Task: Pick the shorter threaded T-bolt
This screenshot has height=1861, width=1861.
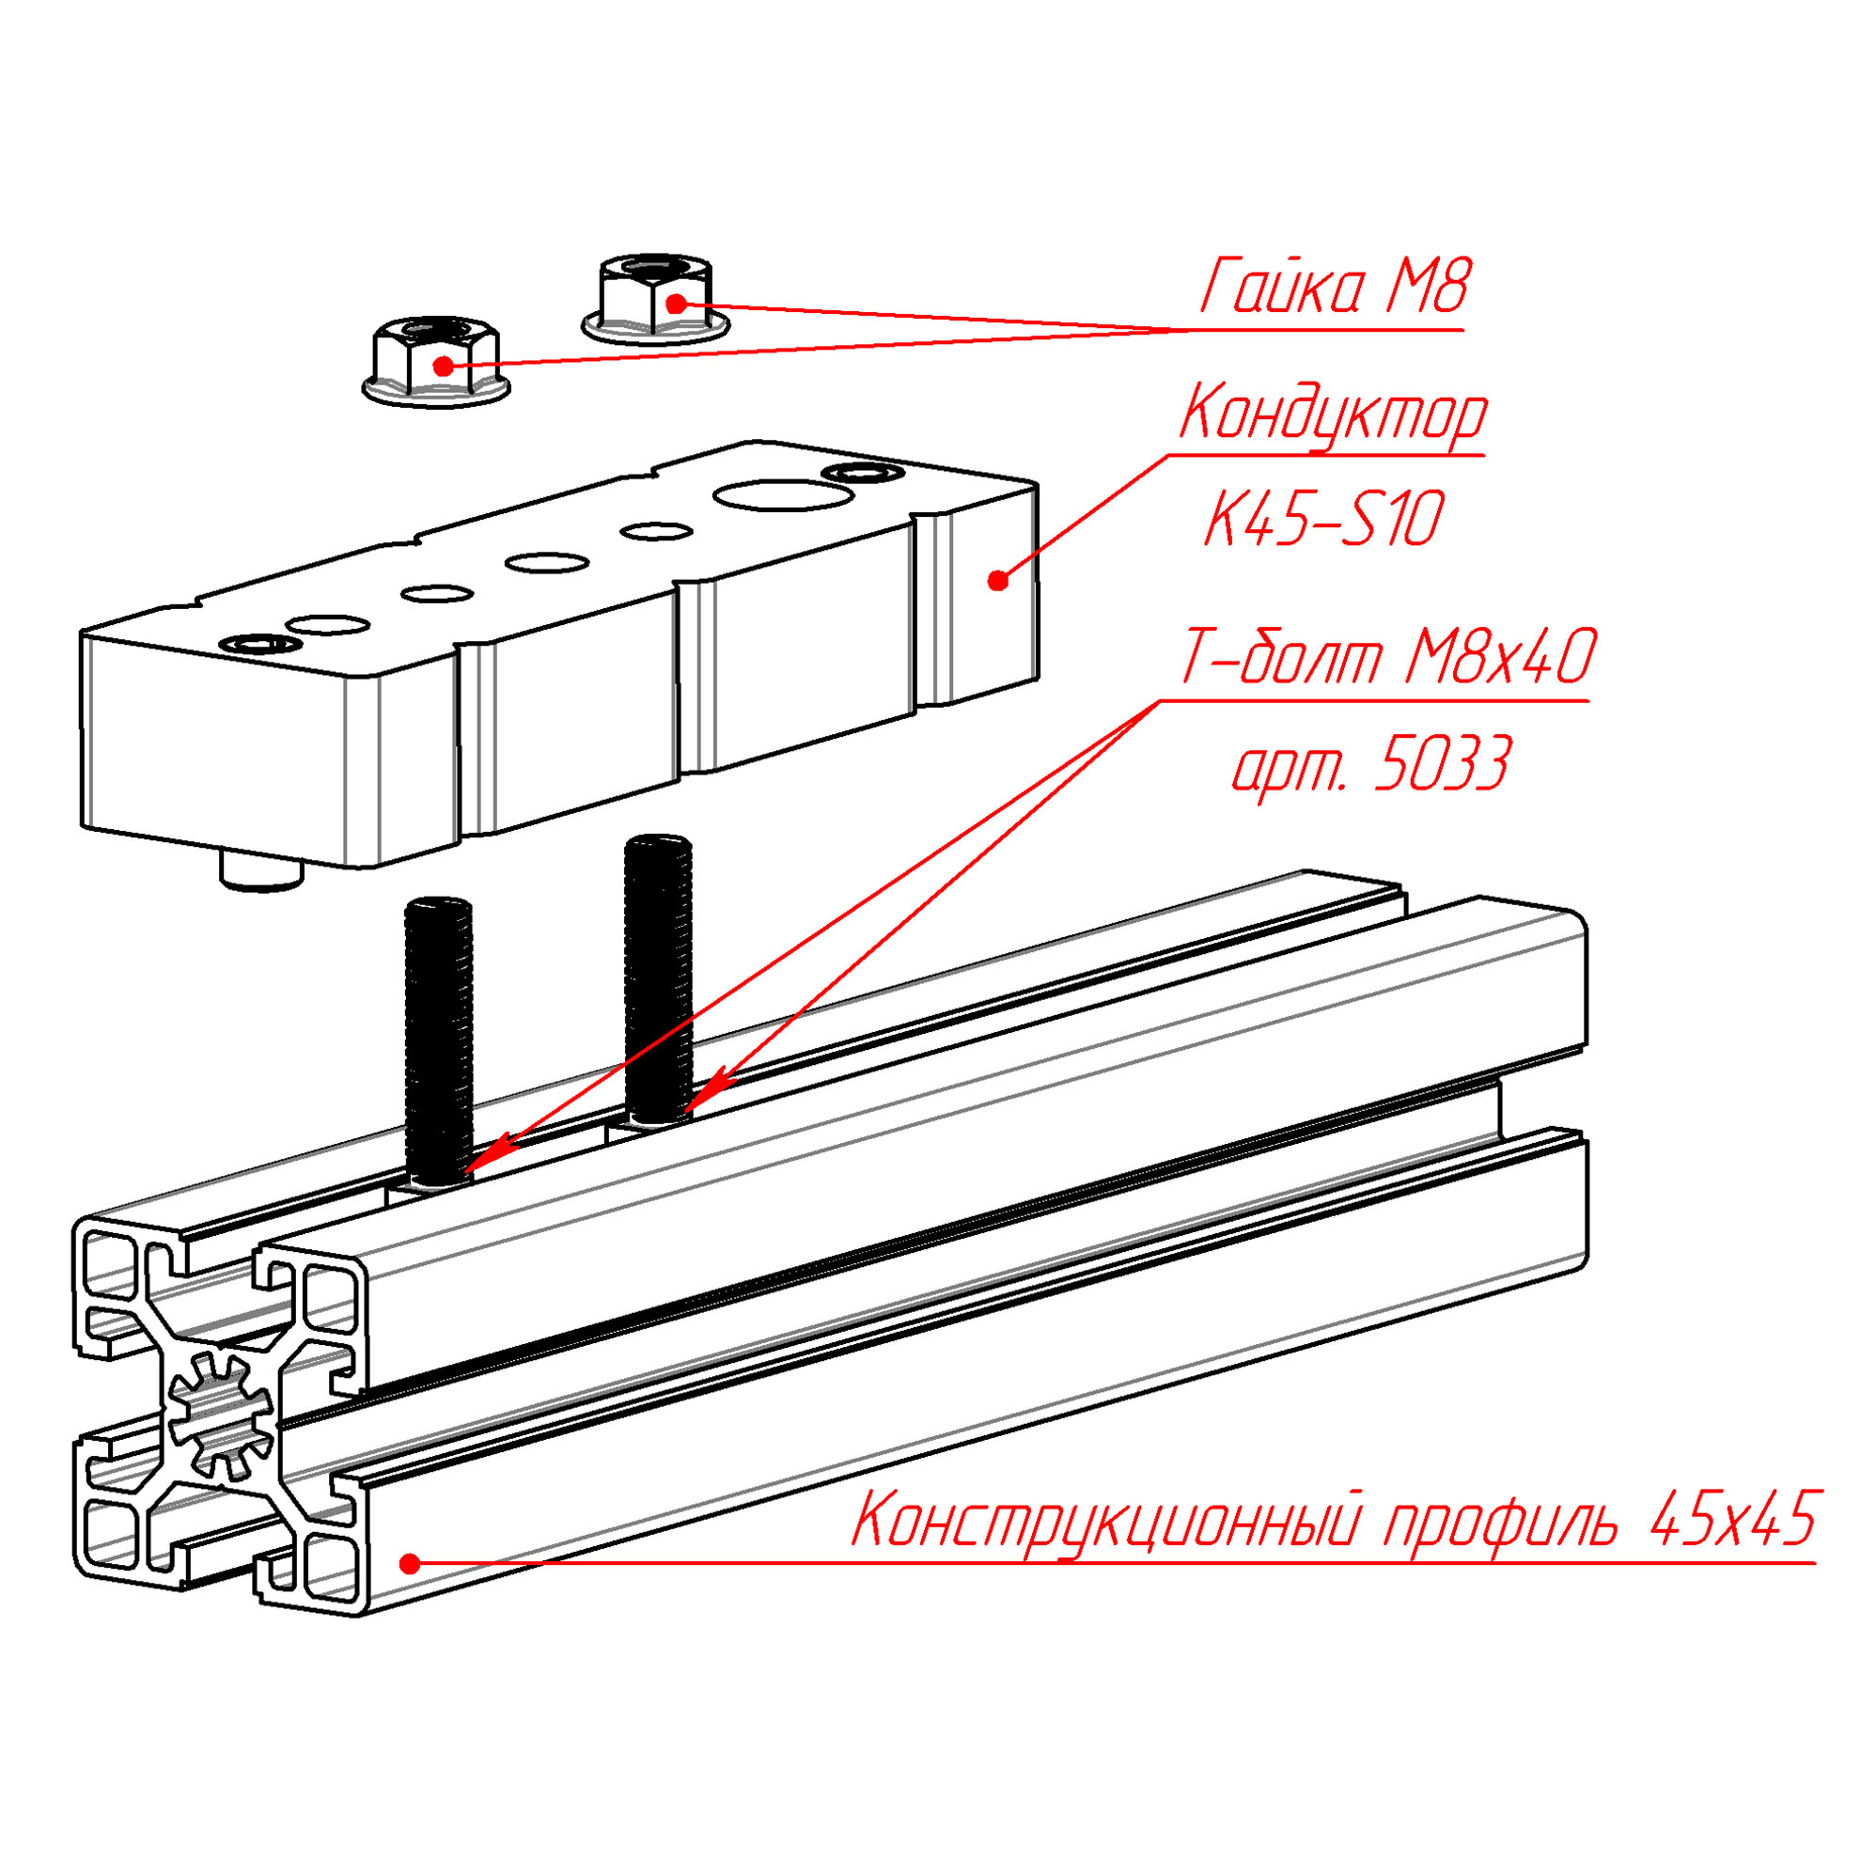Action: coord(439,1043)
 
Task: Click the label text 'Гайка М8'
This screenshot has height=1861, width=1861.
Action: coord(1335,286)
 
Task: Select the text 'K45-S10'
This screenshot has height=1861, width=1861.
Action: coord(1324,519)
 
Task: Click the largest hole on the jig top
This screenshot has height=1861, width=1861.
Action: coord(782,497)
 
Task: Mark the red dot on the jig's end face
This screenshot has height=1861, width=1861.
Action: coord(998,581)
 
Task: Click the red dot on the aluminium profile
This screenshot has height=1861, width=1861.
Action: coord(411,1562)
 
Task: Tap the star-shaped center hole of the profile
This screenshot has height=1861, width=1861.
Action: coord(220,1415)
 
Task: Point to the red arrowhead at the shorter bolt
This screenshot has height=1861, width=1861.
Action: coord(487,1158)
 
